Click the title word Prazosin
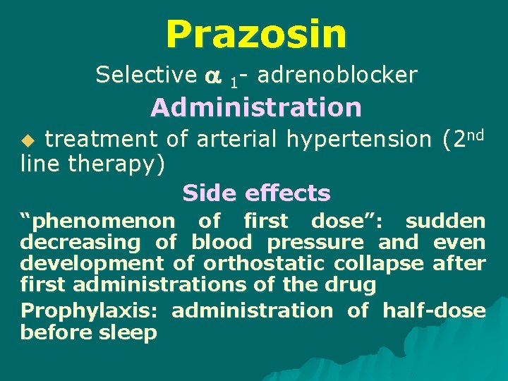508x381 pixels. pyautogui.click(x=256, y=33)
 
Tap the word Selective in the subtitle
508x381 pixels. pyautogui.click(x=146, y=74)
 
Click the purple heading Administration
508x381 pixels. pyautogui.click(x=256, y=108)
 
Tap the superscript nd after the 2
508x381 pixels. pyautogui.click(x=476, y=133)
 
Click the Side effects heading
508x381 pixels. pyautogui.click(x=256, y=193)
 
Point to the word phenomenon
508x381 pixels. pyautogui.click(x=97, y=222)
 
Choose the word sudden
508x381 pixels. pyautogui.click(x=445, y=222)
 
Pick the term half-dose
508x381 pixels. pyautogui.click(x=434, y=310)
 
